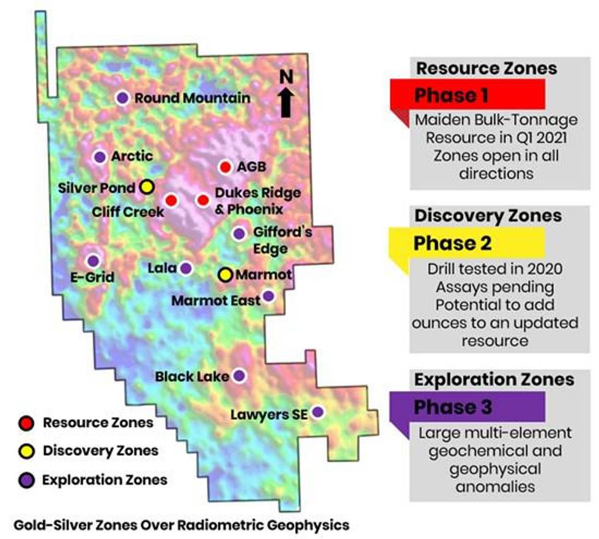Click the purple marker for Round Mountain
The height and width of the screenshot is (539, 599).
tap(122, 98)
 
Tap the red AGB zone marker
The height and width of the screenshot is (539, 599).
tap(225, 167)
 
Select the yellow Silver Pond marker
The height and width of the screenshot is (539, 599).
tap(146, 187)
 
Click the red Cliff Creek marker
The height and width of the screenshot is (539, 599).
tap(172, 200)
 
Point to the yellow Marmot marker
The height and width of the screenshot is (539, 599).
tap(226, 274)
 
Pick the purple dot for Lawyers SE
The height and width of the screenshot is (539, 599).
tap(317, 413)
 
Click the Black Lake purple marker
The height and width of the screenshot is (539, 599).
tap(239, 375)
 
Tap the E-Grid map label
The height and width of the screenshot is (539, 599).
tap(93, 278)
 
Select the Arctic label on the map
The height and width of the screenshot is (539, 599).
tap(131, 156)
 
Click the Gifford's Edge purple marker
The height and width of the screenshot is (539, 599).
tap(239, 233)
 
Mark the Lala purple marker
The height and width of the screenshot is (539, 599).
tap(186, 268)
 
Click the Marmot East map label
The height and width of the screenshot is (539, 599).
tap(216, 301)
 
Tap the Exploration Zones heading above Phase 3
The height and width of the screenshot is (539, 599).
tap(494, 380)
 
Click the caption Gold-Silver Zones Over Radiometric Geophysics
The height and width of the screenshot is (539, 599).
tap(181, 524)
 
